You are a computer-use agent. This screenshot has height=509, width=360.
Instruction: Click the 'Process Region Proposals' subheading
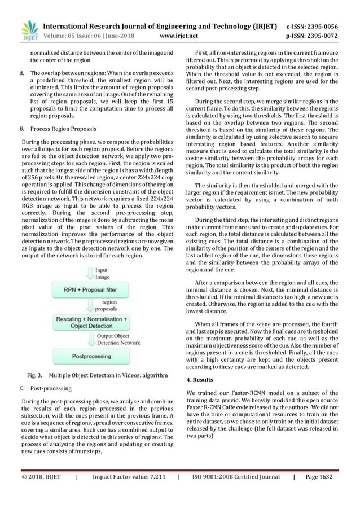(63, 128)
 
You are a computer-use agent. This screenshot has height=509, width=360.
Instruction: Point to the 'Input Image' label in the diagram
(103, 274)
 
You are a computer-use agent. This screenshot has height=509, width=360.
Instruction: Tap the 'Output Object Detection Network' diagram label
(118, 339)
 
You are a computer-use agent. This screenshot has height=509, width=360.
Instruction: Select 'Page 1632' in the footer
(318, 492)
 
